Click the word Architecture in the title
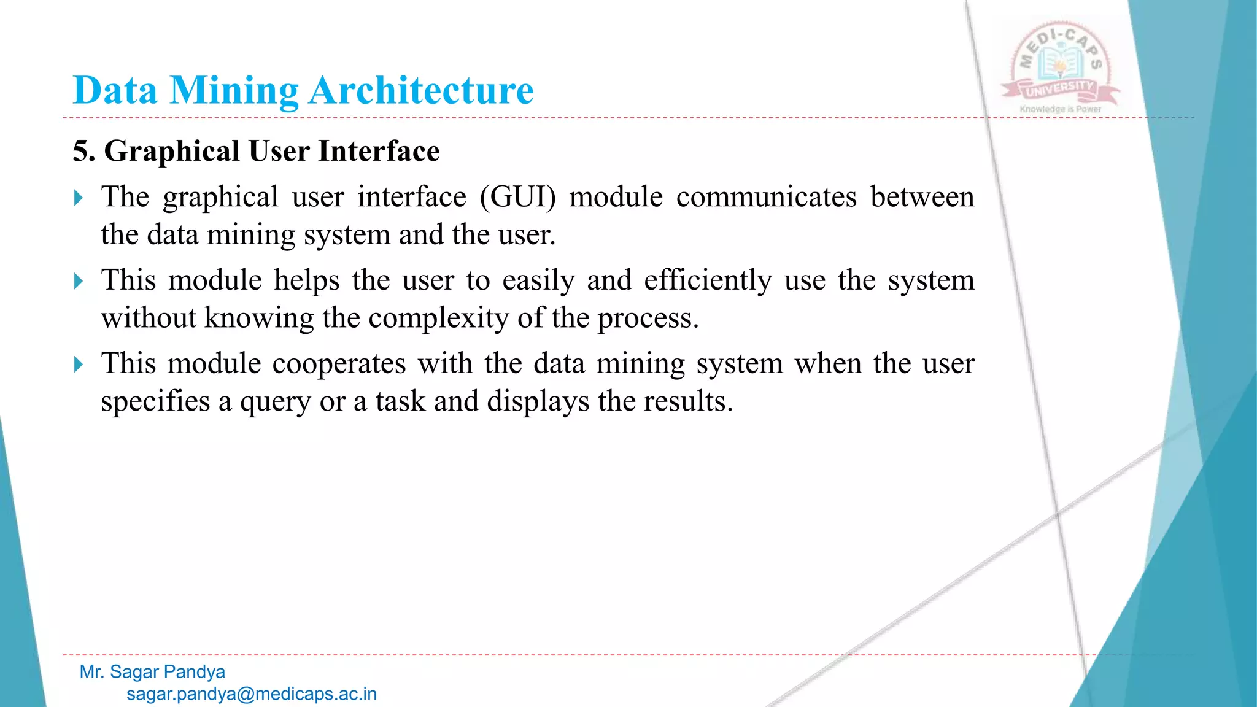pyautogui.click(x=421, y=91)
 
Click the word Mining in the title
pyautogui.click(x=234, y=91)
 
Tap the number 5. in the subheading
pyautogui.click(x=83, y=151)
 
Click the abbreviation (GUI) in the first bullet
pyautogui.click(x=517, y=198)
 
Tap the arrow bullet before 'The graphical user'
pyautogui.click(x=78, y=198)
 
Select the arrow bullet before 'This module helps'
pyautogui.click(x=78, y=281)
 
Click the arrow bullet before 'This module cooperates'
pyautogui.click(x=78, y=365)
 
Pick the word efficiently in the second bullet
pyautogui.click(x=707, y=281)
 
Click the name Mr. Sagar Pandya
pyautogui.click(x=152, y=672)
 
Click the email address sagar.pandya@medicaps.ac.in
pyautogui.click(x=252, y=694)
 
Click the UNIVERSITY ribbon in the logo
pyautogui.click(x=1060, y=90)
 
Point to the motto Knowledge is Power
pyautogui.click(x=1060, y=109)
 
